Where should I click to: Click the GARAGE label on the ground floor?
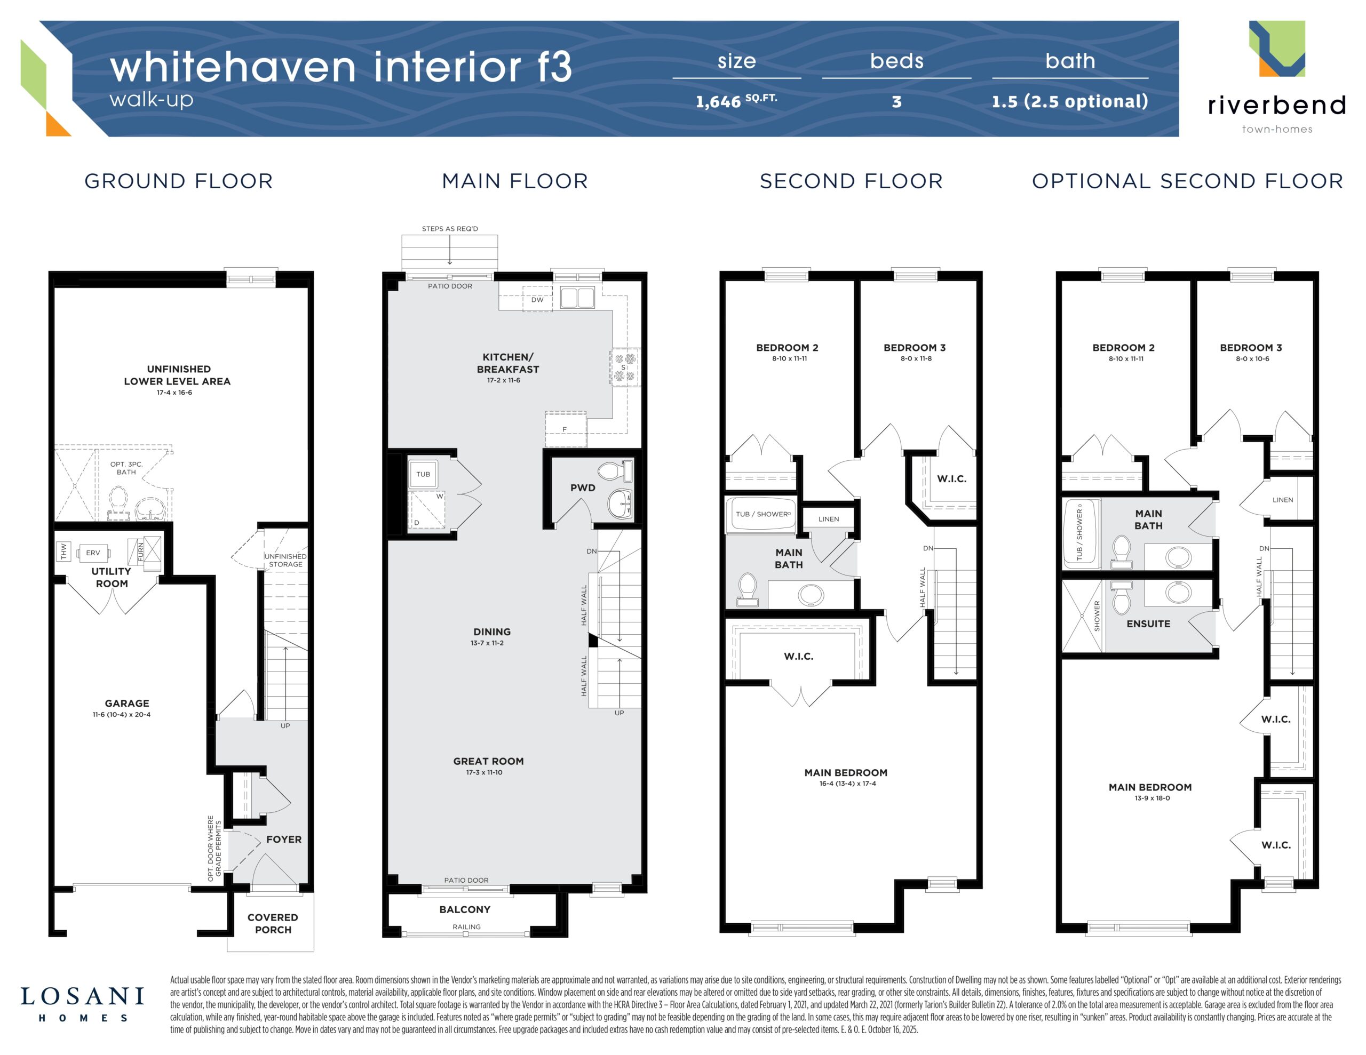click(127, 703)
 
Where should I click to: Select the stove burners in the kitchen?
click(624, 367)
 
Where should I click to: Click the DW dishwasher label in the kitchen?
click(537, 300)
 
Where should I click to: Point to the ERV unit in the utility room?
click(93, 553)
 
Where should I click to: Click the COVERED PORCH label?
click(273, 923)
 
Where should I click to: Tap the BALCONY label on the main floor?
click(465, 909)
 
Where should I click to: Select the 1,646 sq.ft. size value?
click(737, 101)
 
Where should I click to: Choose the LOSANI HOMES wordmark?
click(83, 1005)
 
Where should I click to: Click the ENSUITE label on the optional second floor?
click(1148, 624)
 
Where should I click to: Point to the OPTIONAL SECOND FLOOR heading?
click(1188, 181)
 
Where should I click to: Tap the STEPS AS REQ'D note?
click(450, 229)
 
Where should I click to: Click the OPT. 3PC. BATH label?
click(126, 468)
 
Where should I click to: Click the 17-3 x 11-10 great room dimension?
click(484, 772)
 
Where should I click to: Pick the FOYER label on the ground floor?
click(284, 839)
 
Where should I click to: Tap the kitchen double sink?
click(577, 298)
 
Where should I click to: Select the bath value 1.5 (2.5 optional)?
click(1070, 101)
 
